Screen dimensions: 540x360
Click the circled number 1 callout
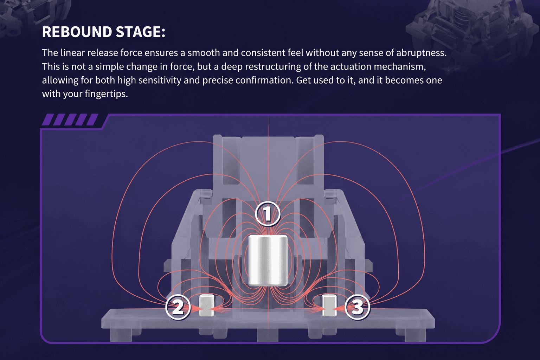268,214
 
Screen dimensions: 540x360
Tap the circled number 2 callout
178,307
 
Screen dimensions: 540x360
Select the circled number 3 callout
357,307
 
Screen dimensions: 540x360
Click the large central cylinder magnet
268,261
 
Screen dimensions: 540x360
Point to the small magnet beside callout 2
207,305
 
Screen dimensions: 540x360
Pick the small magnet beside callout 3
329,305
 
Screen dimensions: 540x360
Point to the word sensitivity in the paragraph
160,80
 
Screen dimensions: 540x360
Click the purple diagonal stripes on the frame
70,120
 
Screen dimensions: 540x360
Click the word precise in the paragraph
218,80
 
